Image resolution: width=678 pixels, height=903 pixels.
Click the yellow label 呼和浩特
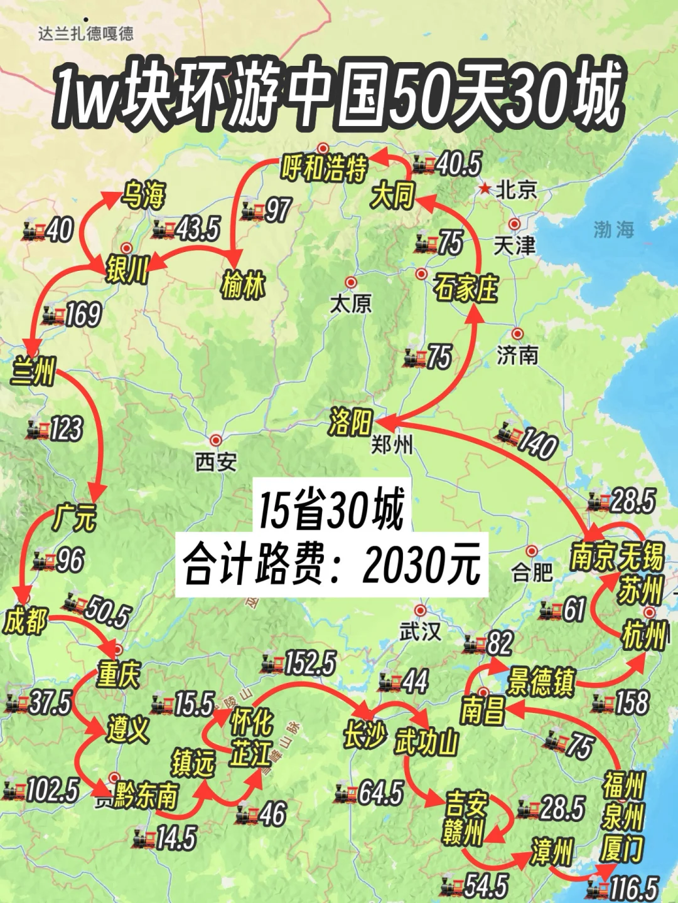tap(324, 168)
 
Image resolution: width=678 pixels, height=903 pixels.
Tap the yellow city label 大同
tap(393, 196)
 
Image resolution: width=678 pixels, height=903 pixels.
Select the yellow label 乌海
tap(144, 196)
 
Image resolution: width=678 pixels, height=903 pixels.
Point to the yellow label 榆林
tap(243, 286)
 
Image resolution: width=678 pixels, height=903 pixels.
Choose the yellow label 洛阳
tap(350, 421)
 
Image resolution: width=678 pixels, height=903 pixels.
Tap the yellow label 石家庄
tap(465, 288)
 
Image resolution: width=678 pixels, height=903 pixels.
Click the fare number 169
tap(83, 315)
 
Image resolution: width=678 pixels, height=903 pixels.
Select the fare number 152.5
tap(310, 663)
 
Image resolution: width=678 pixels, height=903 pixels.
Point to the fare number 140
tap(536, 443)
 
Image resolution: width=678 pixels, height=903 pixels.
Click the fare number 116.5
tap(633, 889)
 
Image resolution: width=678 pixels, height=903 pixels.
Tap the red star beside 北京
tap(485, 189)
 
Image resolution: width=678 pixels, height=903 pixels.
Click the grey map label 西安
tap(216, 463)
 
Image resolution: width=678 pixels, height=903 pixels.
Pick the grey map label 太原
tap(351, 304)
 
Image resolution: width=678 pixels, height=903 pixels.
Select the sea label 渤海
tap(613, 230)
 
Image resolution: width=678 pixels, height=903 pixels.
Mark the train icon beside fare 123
tap(38, 430)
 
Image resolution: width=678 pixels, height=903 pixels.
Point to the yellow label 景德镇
tap(541, 681)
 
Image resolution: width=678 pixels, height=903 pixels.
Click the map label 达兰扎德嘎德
tap(86, 33)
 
